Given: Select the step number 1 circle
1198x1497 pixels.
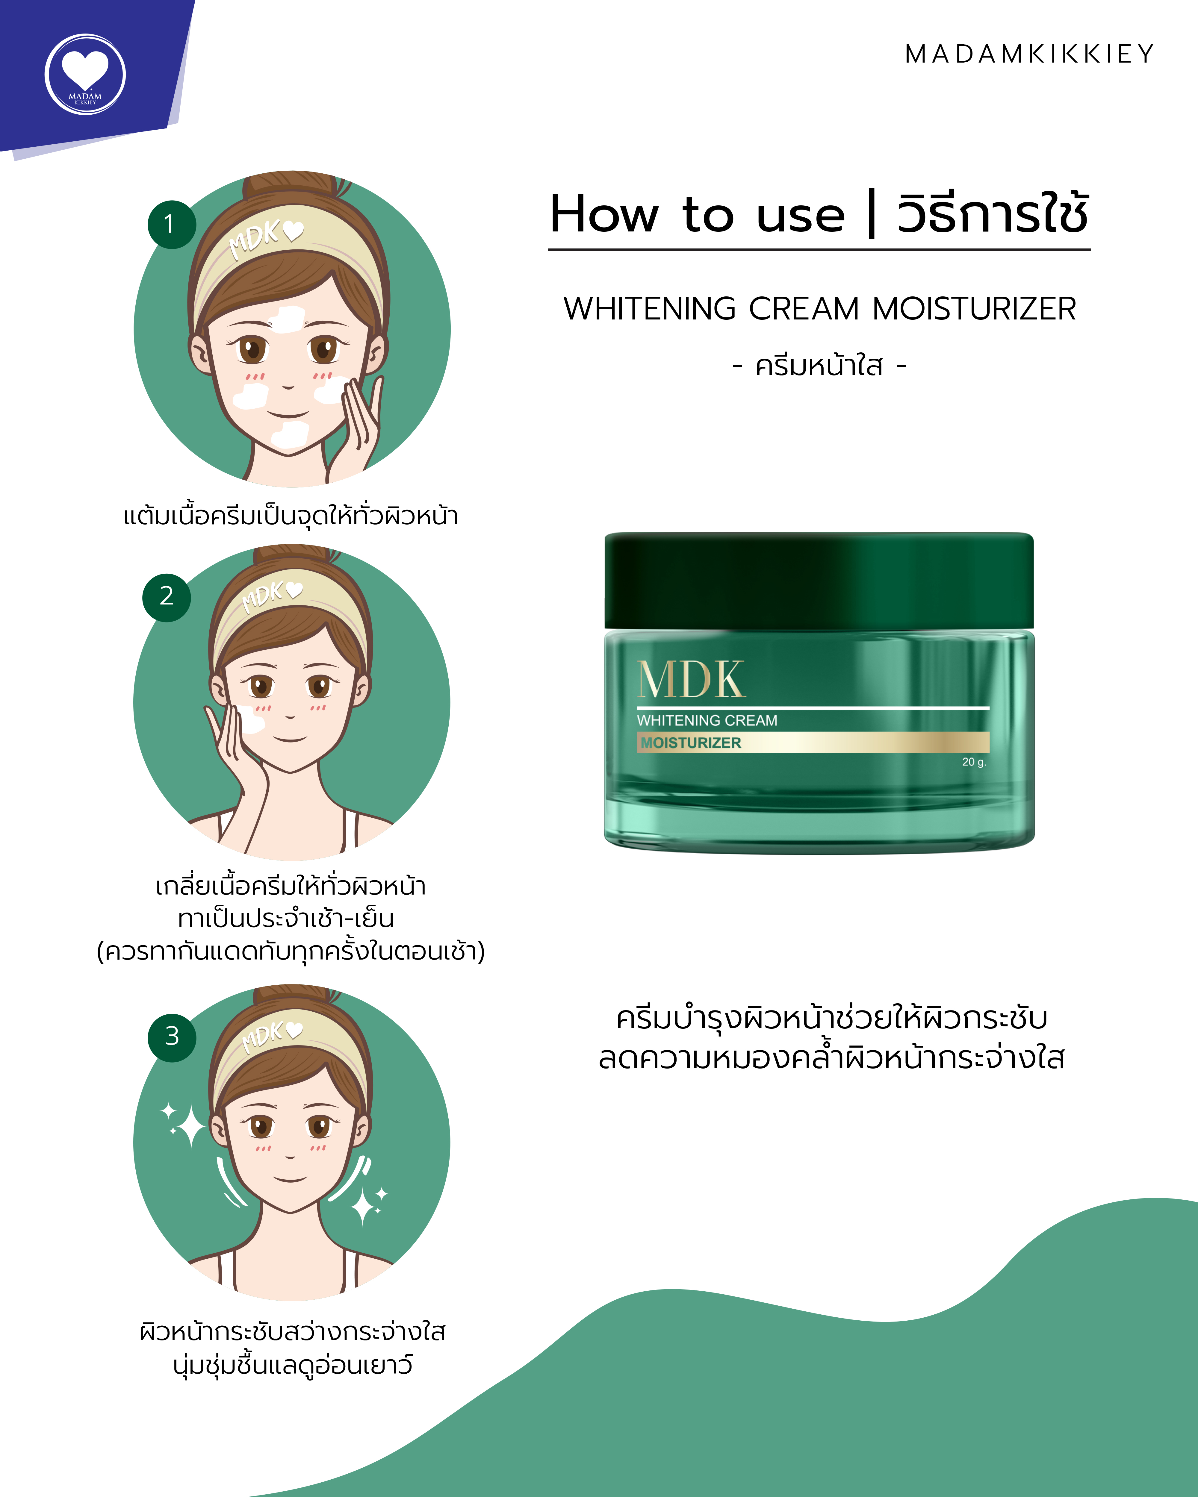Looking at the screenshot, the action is tap(172, 224).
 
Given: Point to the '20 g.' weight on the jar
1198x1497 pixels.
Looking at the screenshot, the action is tap(974, 762).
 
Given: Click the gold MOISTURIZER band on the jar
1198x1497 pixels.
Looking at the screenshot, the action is tap(813, 742).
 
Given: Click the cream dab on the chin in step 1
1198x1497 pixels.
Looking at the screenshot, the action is tap(290, 434).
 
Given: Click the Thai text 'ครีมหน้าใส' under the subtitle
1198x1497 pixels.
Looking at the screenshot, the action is tap(819, 366).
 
